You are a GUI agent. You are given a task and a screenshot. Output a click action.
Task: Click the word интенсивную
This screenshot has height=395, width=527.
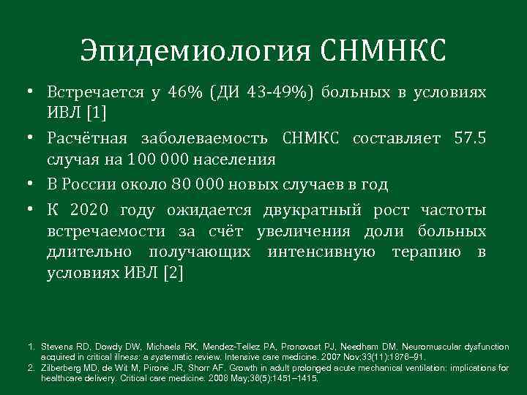322,252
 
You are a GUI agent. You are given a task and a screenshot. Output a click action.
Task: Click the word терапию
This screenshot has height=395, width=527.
426,252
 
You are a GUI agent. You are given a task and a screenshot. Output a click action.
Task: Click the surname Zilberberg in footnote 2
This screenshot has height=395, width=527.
60,368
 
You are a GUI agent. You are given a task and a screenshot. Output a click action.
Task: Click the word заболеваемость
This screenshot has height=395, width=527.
213,139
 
